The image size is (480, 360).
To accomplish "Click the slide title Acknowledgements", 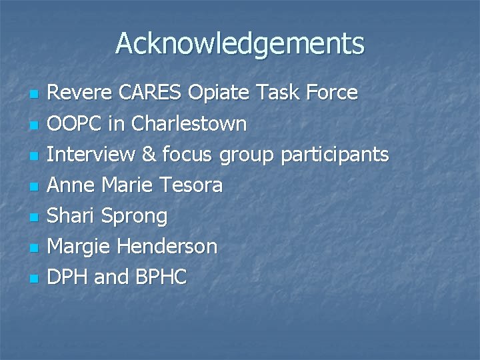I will (x=240, y=44).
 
